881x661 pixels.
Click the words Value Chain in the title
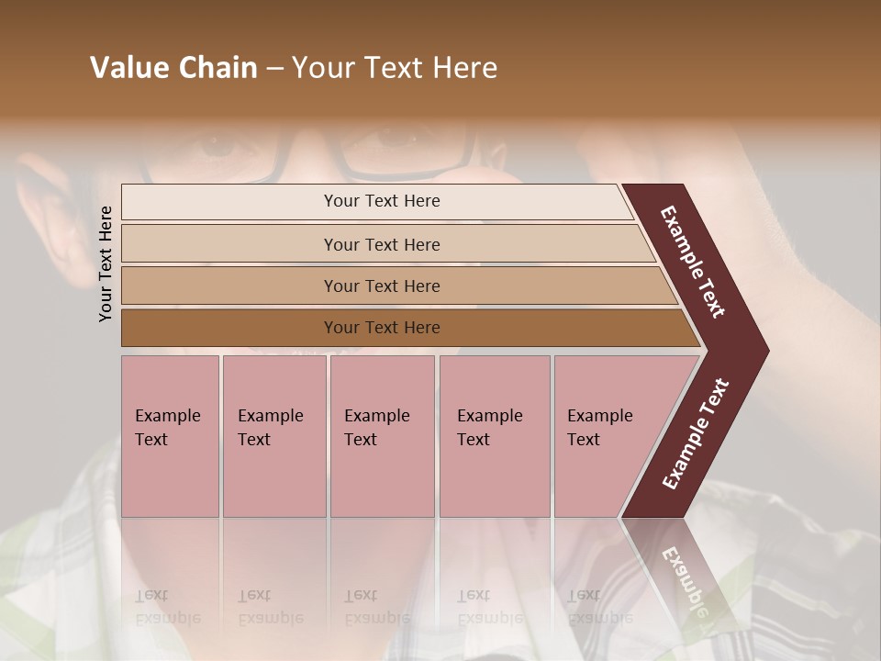tap(173, 68)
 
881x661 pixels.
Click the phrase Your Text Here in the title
tap(395, 68)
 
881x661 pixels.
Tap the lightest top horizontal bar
tap(381, 201)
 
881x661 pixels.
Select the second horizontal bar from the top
tap(381, 244)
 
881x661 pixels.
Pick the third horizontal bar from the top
tap(381, 286)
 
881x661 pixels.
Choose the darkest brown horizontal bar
tap(381, 328)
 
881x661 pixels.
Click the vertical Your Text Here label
tap(106, 263)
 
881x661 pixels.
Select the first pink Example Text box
tap(170, 436)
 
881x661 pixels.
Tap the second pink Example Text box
tap(273, 436)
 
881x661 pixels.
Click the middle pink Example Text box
tap(382, 436)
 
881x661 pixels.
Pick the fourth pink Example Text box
tap(494, 436)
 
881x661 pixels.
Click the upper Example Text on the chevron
tap(693, 261)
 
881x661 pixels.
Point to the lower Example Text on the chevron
tap(696, 433)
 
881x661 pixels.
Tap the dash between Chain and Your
tap(274, 69)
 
